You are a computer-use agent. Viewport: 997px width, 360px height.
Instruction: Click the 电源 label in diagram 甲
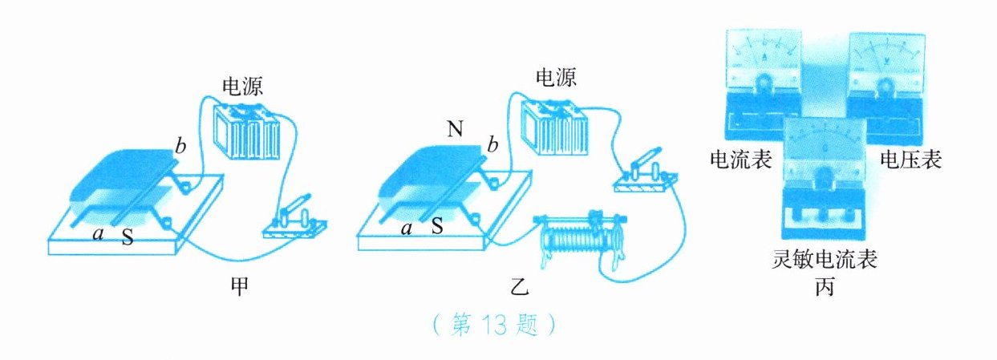click(243, 84)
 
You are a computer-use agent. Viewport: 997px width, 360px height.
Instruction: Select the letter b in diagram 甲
click(181, 147)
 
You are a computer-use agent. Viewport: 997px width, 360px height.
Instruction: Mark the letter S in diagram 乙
click(437, 227)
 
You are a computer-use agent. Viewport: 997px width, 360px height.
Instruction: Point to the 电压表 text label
click(910, 160)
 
